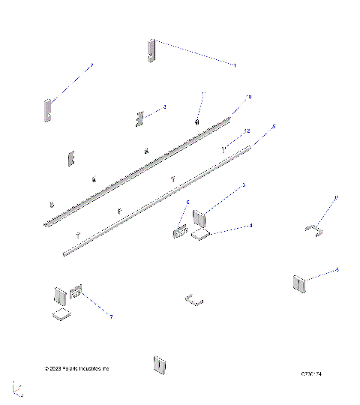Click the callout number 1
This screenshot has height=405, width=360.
234,66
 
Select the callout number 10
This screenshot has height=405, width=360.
249,97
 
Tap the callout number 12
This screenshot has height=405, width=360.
247,131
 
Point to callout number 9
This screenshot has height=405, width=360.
336,197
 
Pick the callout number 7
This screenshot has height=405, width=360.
111,317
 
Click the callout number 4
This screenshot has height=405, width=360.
250,225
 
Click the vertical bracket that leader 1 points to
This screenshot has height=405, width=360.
151,49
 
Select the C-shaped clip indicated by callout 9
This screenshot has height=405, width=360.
313,229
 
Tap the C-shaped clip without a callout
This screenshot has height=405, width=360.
193,300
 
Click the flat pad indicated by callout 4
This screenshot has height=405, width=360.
200,235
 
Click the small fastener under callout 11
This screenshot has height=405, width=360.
196,121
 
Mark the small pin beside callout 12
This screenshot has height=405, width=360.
224,150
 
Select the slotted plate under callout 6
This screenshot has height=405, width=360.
179,231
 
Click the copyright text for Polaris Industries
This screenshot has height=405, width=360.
77,368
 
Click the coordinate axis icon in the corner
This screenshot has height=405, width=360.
17,388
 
